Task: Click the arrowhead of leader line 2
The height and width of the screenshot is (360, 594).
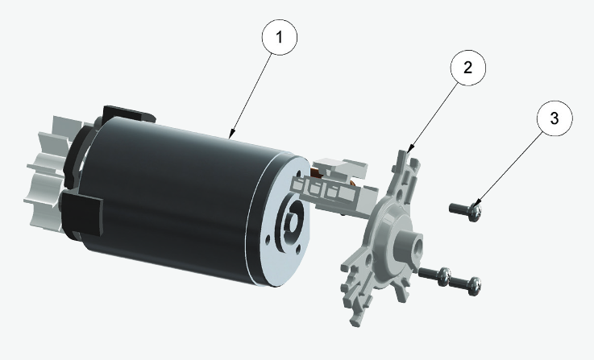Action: (x=409, y=151)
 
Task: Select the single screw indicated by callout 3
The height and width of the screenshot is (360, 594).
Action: (x=464, y=212)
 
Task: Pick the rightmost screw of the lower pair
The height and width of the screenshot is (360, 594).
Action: (x=465, y=283)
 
